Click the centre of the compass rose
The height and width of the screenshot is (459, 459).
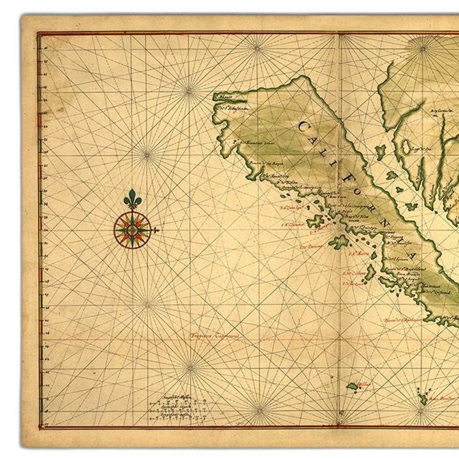pyautogui.click(x=132, y=229)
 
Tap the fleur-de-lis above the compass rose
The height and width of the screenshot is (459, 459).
pyautogui.click(x=132, y=199)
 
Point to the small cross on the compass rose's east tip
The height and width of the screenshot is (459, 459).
pyautogui.click(x=156, y=229)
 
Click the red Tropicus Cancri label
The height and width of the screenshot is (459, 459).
pyautogui.click(x=215, y=336)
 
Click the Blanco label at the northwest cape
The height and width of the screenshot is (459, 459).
pyautogui.click(x=225, y=96)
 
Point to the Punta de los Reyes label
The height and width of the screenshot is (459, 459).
pyautogui.click(x=262, y=162)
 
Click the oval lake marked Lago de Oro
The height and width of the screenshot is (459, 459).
pyautogui.click(x=406, y=147)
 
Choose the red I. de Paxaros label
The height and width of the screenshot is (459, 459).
pyautogui.click(x=310, y=246)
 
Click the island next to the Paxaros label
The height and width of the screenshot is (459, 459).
pyautogui.click(x=338, y=241)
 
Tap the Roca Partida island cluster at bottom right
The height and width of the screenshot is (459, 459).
pyautogui.click(x=423, y=397)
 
